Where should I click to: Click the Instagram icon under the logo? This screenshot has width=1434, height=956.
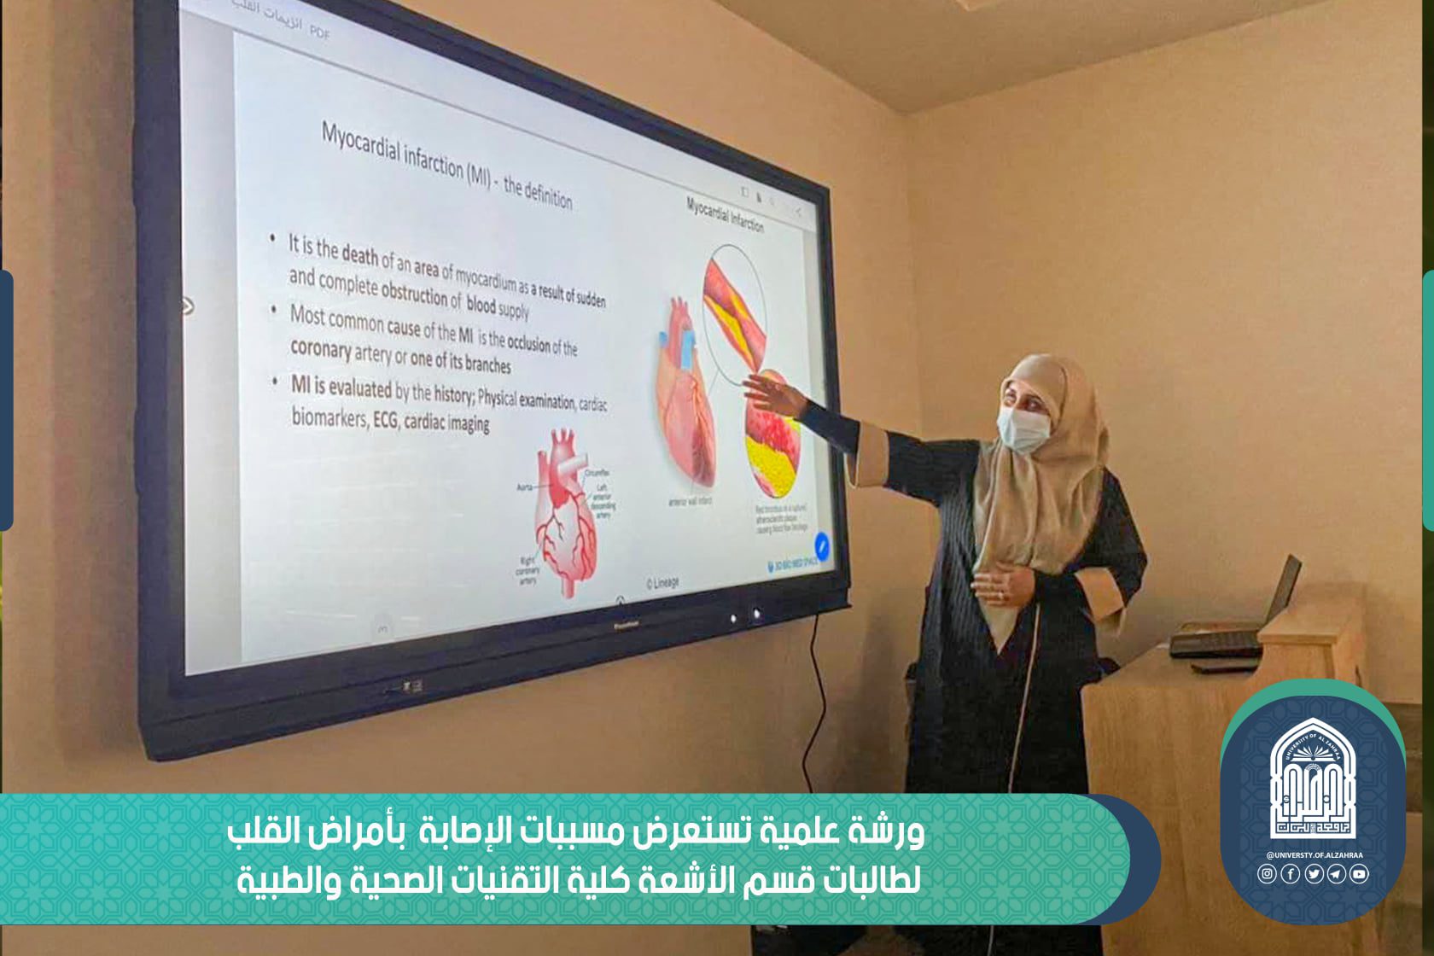pos(1267,873)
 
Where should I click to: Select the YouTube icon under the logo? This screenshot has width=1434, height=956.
pos(1359,873)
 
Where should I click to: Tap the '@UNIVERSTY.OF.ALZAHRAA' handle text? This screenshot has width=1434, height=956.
pos(1312,854)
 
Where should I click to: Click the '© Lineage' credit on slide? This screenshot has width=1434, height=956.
pos(662,582)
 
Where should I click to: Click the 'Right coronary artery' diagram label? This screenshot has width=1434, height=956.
pos(528,570)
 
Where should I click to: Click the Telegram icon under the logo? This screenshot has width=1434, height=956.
pos(1336,873)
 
